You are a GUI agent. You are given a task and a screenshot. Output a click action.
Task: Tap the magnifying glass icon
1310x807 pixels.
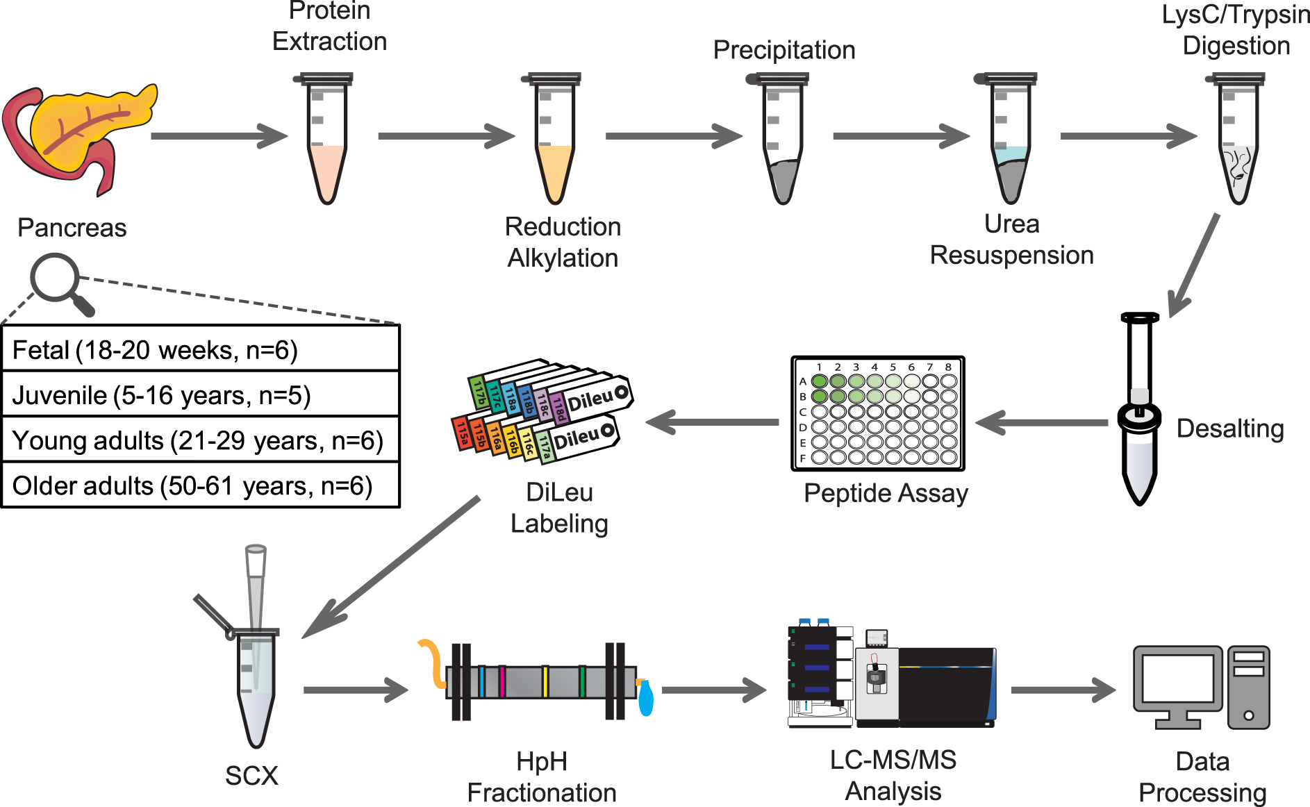coord(56,278)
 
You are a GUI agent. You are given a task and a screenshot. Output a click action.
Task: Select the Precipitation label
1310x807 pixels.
coord(783,50)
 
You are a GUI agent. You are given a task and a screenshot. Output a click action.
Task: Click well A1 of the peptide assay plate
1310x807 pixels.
coord(820,381)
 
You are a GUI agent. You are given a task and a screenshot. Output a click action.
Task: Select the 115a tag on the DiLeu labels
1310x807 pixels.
coord(462,433)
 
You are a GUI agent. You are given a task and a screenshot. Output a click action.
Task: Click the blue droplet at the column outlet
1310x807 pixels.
coord(645,699)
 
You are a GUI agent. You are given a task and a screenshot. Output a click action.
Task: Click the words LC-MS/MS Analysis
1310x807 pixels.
coord(893,776)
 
